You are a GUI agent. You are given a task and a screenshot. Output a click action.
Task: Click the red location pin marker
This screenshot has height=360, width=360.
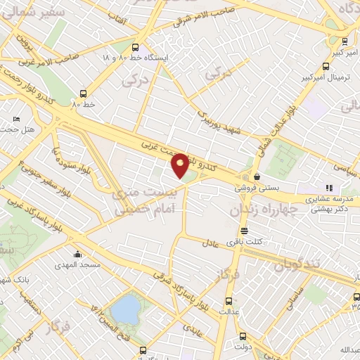[x=181, y=165]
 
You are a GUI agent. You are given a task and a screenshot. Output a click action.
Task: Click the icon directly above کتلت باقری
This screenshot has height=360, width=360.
[x=244, y=231]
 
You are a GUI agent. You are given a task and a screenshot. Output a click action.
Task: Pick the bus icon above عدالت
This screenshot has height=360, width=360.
[x=225, y=297]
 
